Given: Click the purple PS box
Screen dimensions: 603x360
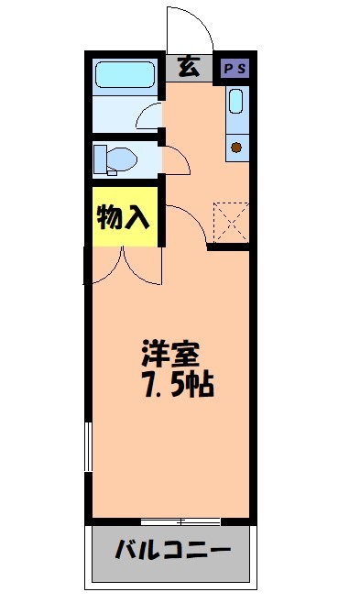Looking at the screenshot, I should pyautogui.click(x=235, y=68).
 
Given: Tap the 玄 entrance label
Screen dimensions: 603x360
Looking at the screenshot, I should pyautogui.click(x=190, y=67).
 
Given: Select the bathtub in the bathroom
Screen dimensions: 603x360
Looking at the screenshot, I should pyautogui.click(x=126, y=73).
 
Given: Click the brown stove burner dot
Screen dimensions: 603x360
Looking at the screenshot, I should pyautogui.click(x=236, y=147).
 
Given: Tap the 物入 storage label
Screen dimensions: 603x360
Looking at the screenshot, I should pyautogui.click(x=124, y=218).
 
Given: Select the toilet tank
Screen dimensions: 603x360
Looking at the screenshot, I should pyautogui.click(x=100, y=158).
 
